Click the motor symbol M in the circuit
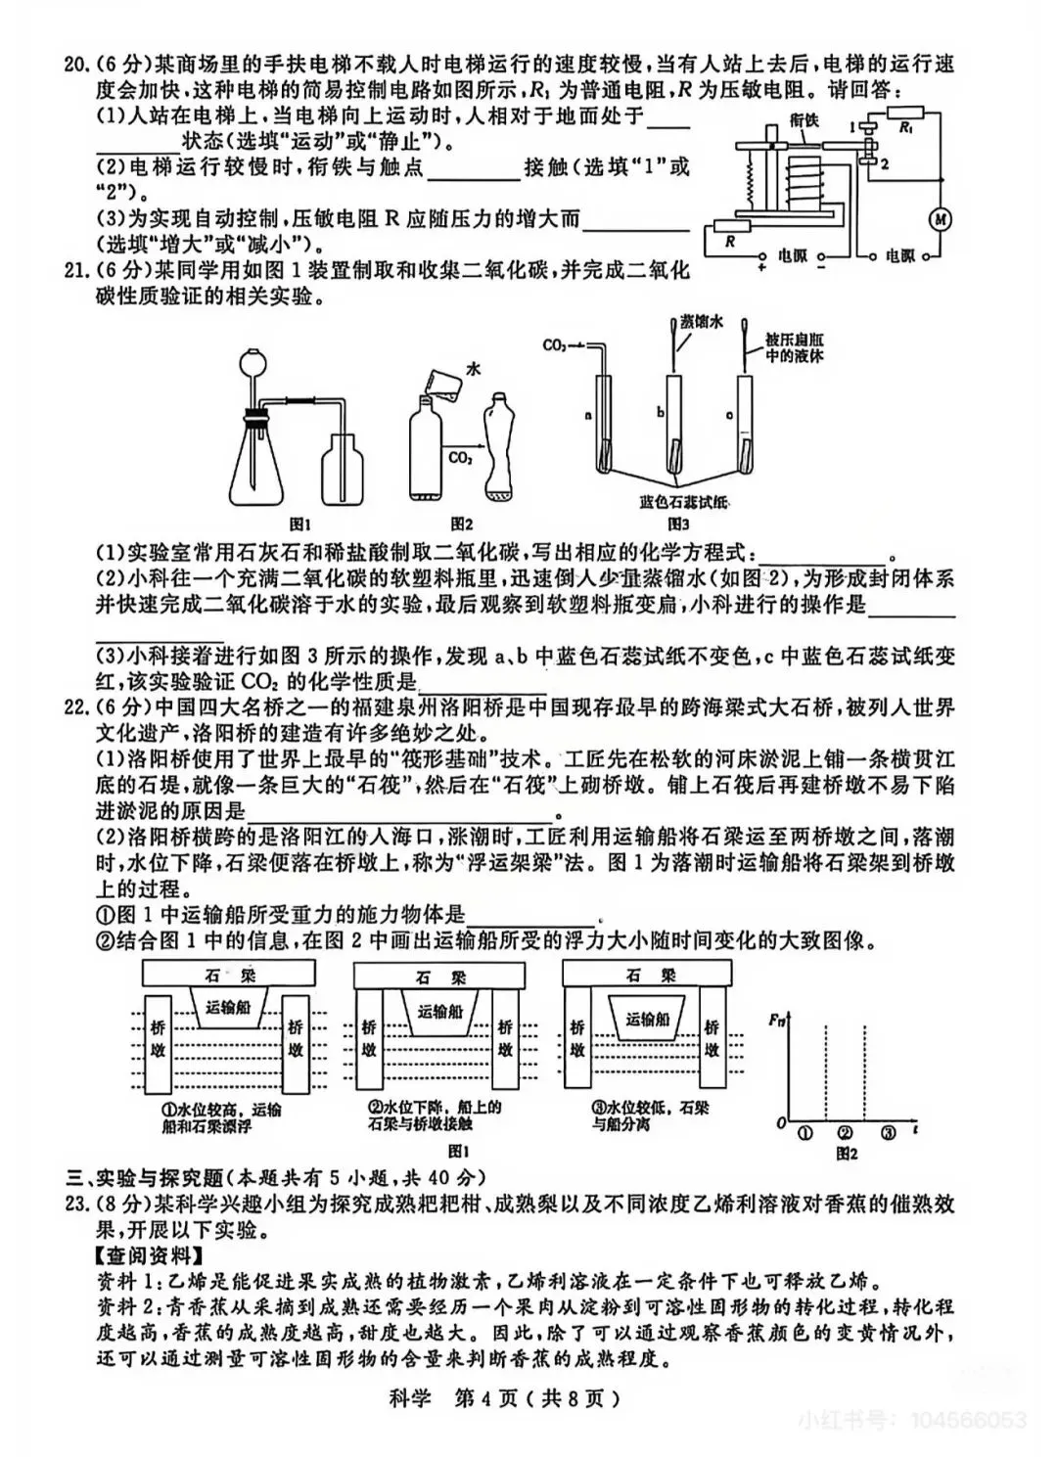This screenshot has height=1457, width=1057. point(940,218)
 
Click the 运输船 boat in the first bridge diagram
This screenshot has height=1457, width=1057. point(228,1008)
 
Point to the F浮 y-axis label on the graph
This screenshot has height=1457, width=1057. point(778,1022)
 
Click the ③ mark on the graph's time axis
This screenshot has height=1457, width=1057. point(888,1135)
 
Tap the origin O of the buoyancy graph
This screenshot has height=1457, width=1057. point(781,1123)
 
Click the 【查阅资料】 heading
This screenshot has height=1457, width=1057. point(139,1254)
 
